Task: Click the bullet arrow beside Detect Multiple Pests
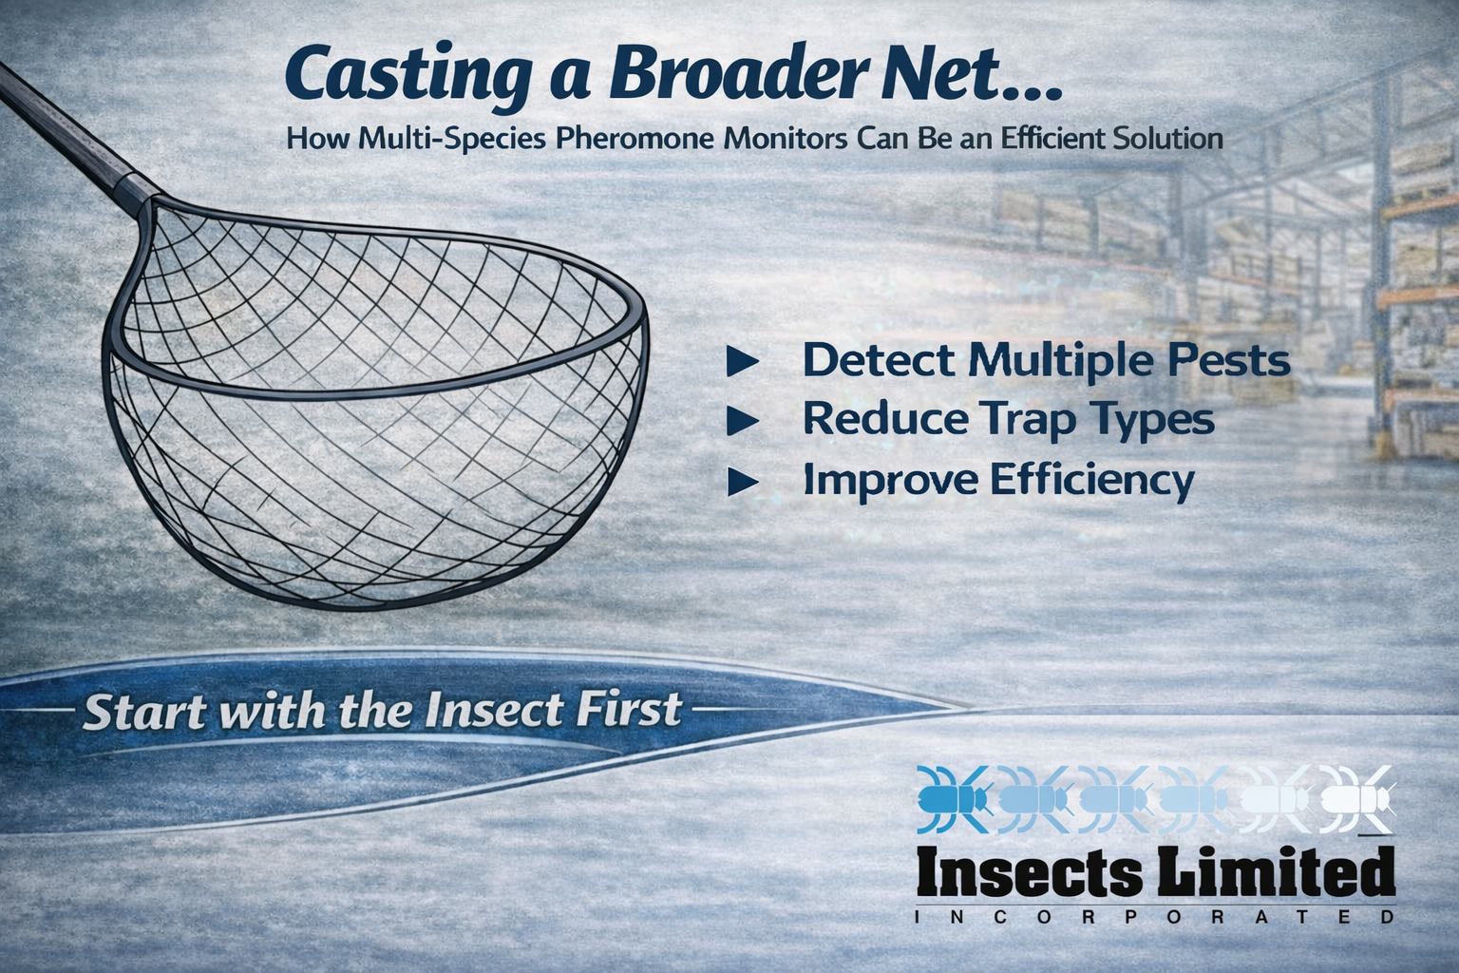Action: click(x=741, y=362)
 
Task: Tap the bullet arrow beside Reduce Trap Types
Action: click(x=741, y=421)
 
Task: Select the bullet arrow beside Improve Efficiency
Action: click(x=741, y=483)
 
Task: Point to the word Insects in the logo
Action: click(x=1030, y=872)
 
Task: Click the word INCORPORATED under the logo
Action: click(x=1154, y=918)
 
